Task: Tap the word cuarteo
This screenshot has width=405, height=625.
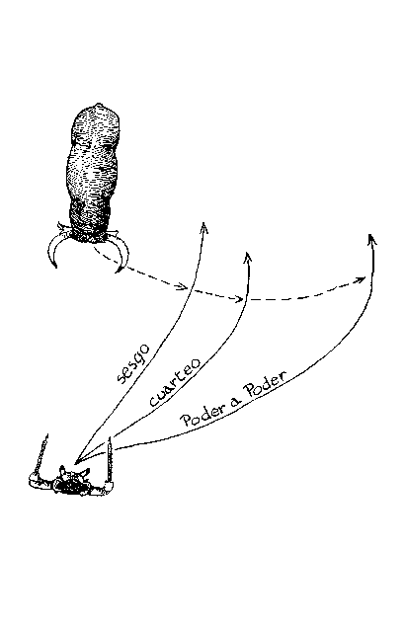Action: coord(175,383)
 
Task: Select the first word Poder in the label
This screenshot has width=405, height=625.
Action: coord(201,416)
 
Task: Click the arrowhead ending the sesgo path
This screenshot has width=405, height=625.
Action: coord(204,228)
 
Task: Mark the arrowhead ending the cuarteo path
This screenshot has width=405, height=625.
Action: coord(248,258)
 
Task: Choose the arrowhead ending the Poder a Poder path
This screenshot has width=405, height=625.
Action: coord(372,239)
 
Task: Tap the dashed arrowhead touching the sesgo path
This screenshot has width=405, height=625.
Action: coord(182,285)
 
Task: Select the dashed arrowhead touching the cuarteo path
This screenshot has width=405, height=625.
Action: coord(238,298)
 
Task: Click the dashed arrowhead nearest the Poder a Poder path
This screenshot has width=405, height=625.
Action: coord(360,279)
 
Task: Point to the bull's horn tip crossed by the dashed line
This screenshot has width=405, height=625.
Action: coord(118,272)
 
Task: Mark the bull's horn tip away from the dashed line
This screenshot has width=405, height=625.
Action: coord(54,265)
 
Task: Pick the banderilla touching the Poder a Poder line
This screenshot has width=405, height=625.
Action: coord(110,459)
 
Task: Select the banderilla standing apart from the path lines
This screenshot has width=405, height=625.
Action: coord(42,453)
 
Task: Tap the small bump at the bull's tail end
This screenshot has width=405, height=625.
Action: coord(99,106)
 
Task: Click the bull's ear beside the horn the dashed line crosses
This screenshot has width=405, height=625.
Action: coord(113,232)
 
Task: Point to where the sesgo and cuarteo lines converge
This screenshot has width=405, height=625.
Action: coord(76,462)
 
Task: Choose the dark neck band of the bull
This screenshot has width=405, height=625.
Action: coord(89,218)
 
